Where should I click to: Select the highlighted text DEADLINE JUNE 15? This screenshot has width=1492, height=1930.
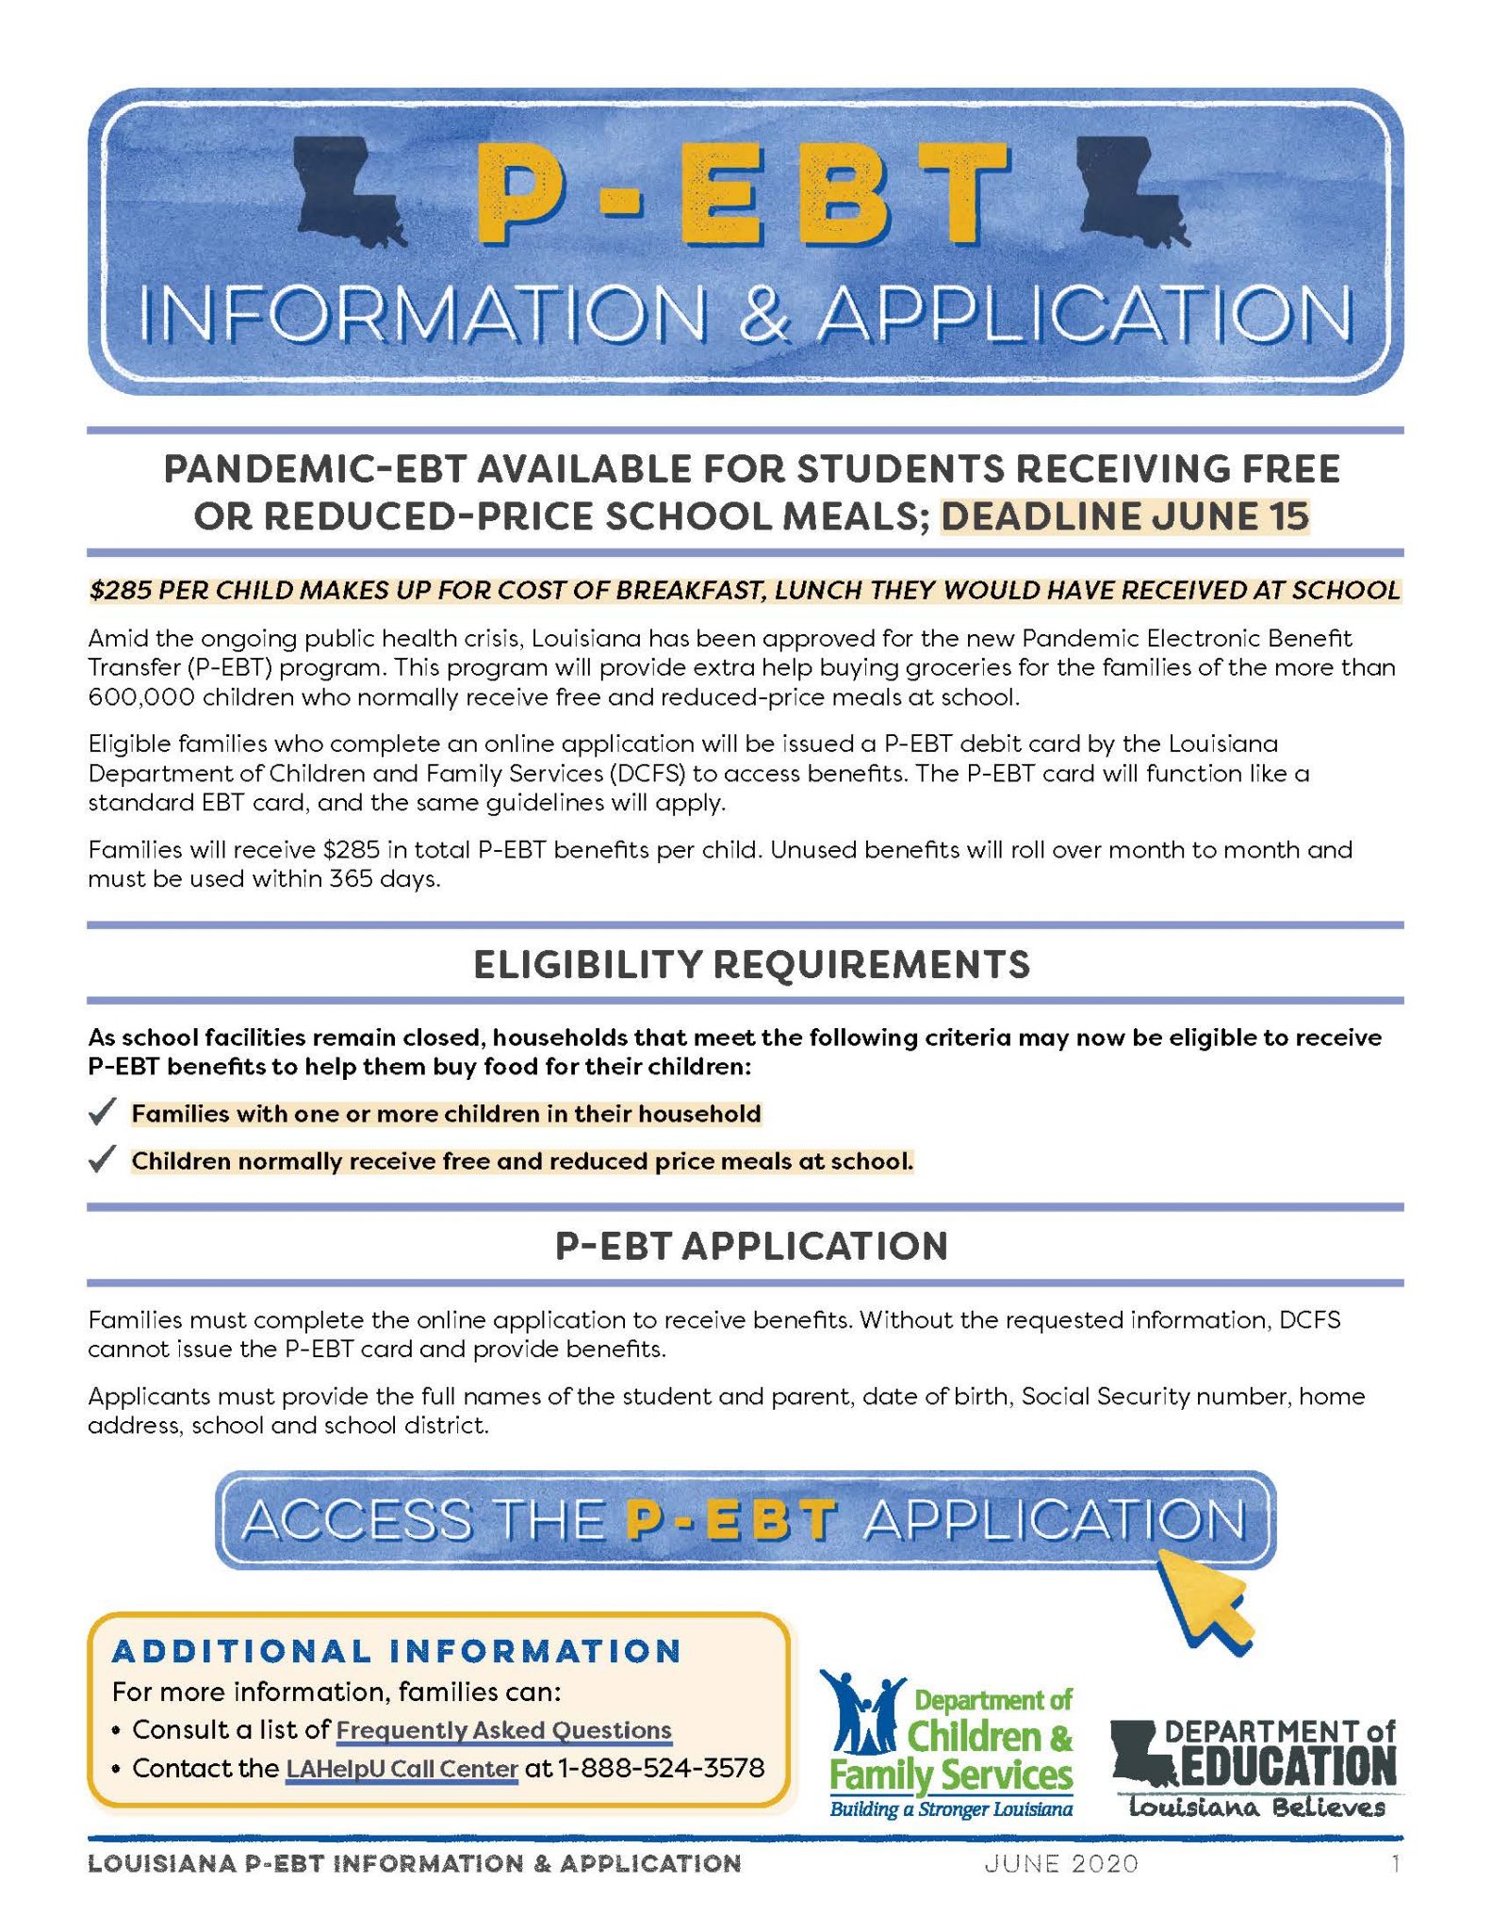click(1124, 516)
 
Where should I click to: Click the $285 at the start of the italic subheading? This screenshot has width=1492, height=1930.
click(120, 591)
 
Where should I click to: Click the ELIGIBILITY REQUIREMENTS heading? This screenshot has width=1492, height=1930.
click(751, 965)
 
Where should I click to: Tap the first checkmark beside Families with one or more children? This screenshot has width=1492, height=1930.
click(102, 1113)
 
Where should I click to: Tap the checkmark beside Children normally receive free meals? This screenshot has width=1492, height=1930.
click(102, 1160)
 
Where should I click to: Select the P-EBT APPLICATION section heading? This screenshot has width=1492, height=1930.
click(751, 1246)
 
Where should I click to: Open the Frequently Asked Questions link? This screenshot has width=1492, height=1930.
click(503, 1730)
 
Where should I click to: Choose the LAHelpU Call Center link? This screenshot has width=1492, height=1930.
click(402, 1768)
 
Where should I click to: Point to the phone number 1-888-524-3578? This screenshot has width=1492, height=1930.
click(661, 1768)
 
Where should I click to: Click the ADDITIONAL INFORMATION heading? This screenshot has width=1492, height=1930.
click(397, 1677)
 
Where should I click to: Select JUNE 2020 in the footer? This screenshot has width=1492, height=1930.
click(1061, 1863)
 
